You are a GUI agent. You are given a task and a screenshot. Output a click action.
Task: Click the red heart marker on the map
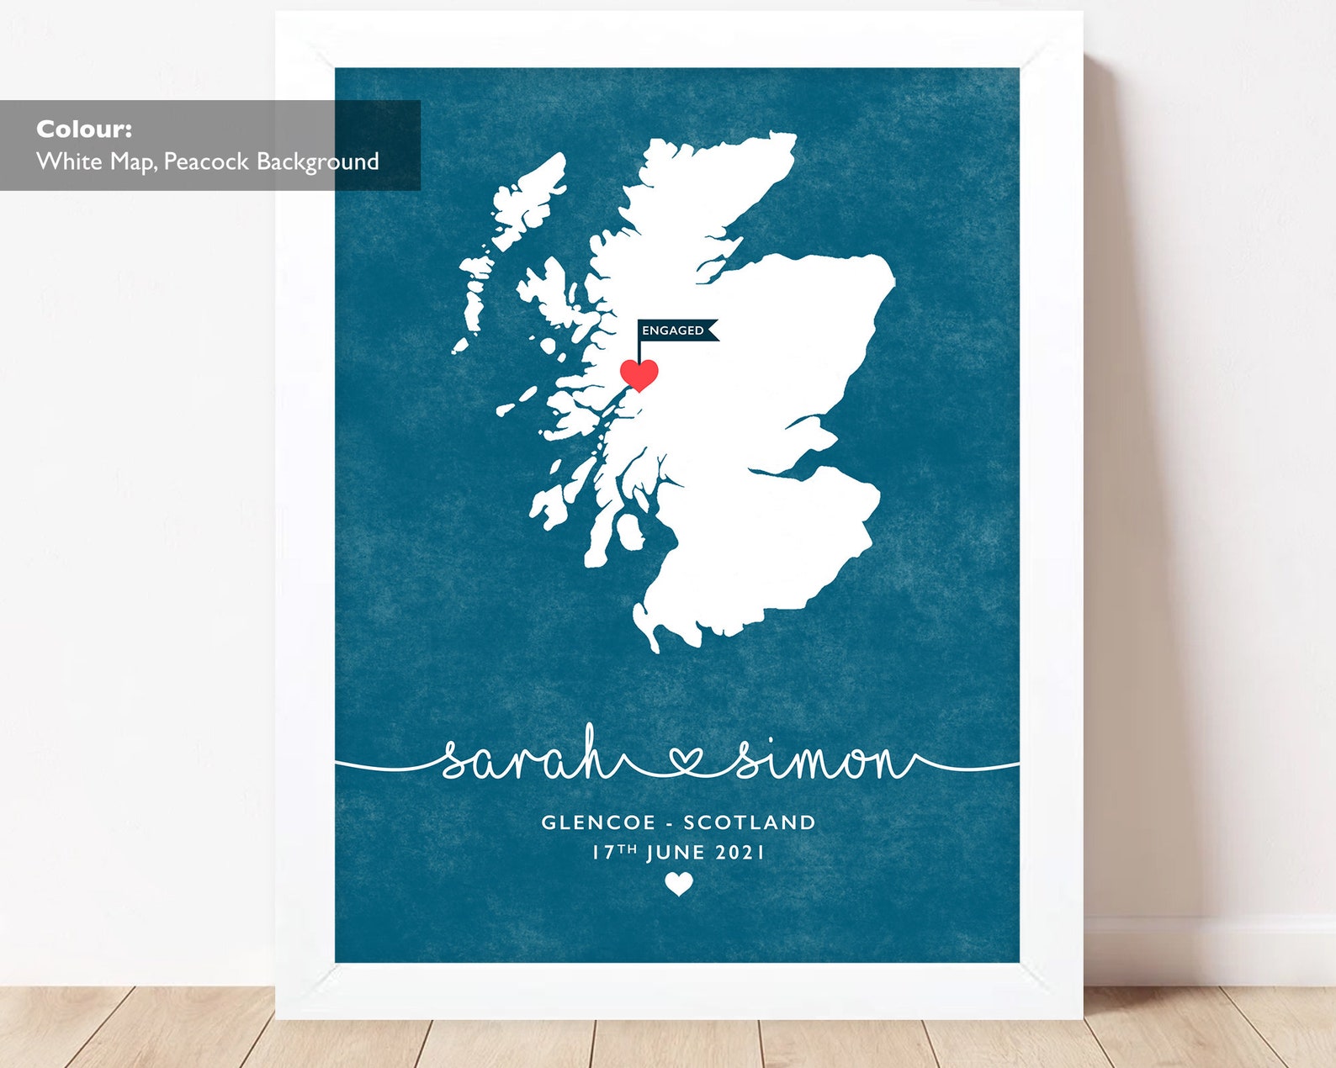coord(639,373)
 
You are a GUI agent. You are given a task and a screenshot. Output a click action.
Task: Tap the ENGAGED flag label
coord(674,330)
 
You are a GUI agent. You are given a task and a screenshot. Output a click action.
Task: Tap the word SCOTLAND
coord(749,822)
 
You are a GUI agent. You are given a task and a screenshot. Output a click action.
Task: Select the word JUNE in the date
coord(676,853)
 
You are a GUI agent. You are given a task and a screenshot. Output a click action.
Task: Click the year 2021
coord(740,853)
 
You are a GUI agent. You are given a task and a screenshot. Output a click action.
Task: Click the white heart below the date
coord(679,884)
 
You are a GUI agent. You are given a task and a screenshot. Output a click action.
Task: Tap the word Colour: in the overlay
coord(84,130)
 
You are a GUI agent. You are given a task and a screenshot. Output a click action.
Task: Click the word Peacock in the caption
coord(207,161)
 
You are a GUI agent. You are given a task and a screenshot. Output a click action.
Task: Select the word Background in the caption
coord(318,161)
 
